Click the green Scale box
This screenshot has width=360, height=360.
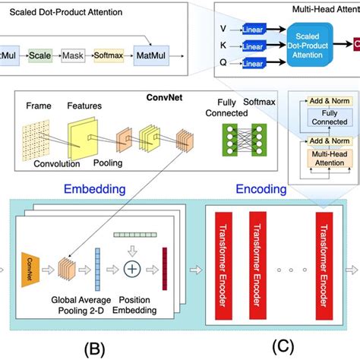tap(41, 55)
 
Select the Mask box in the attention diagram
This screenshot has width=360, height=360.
tap(73, 55)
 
